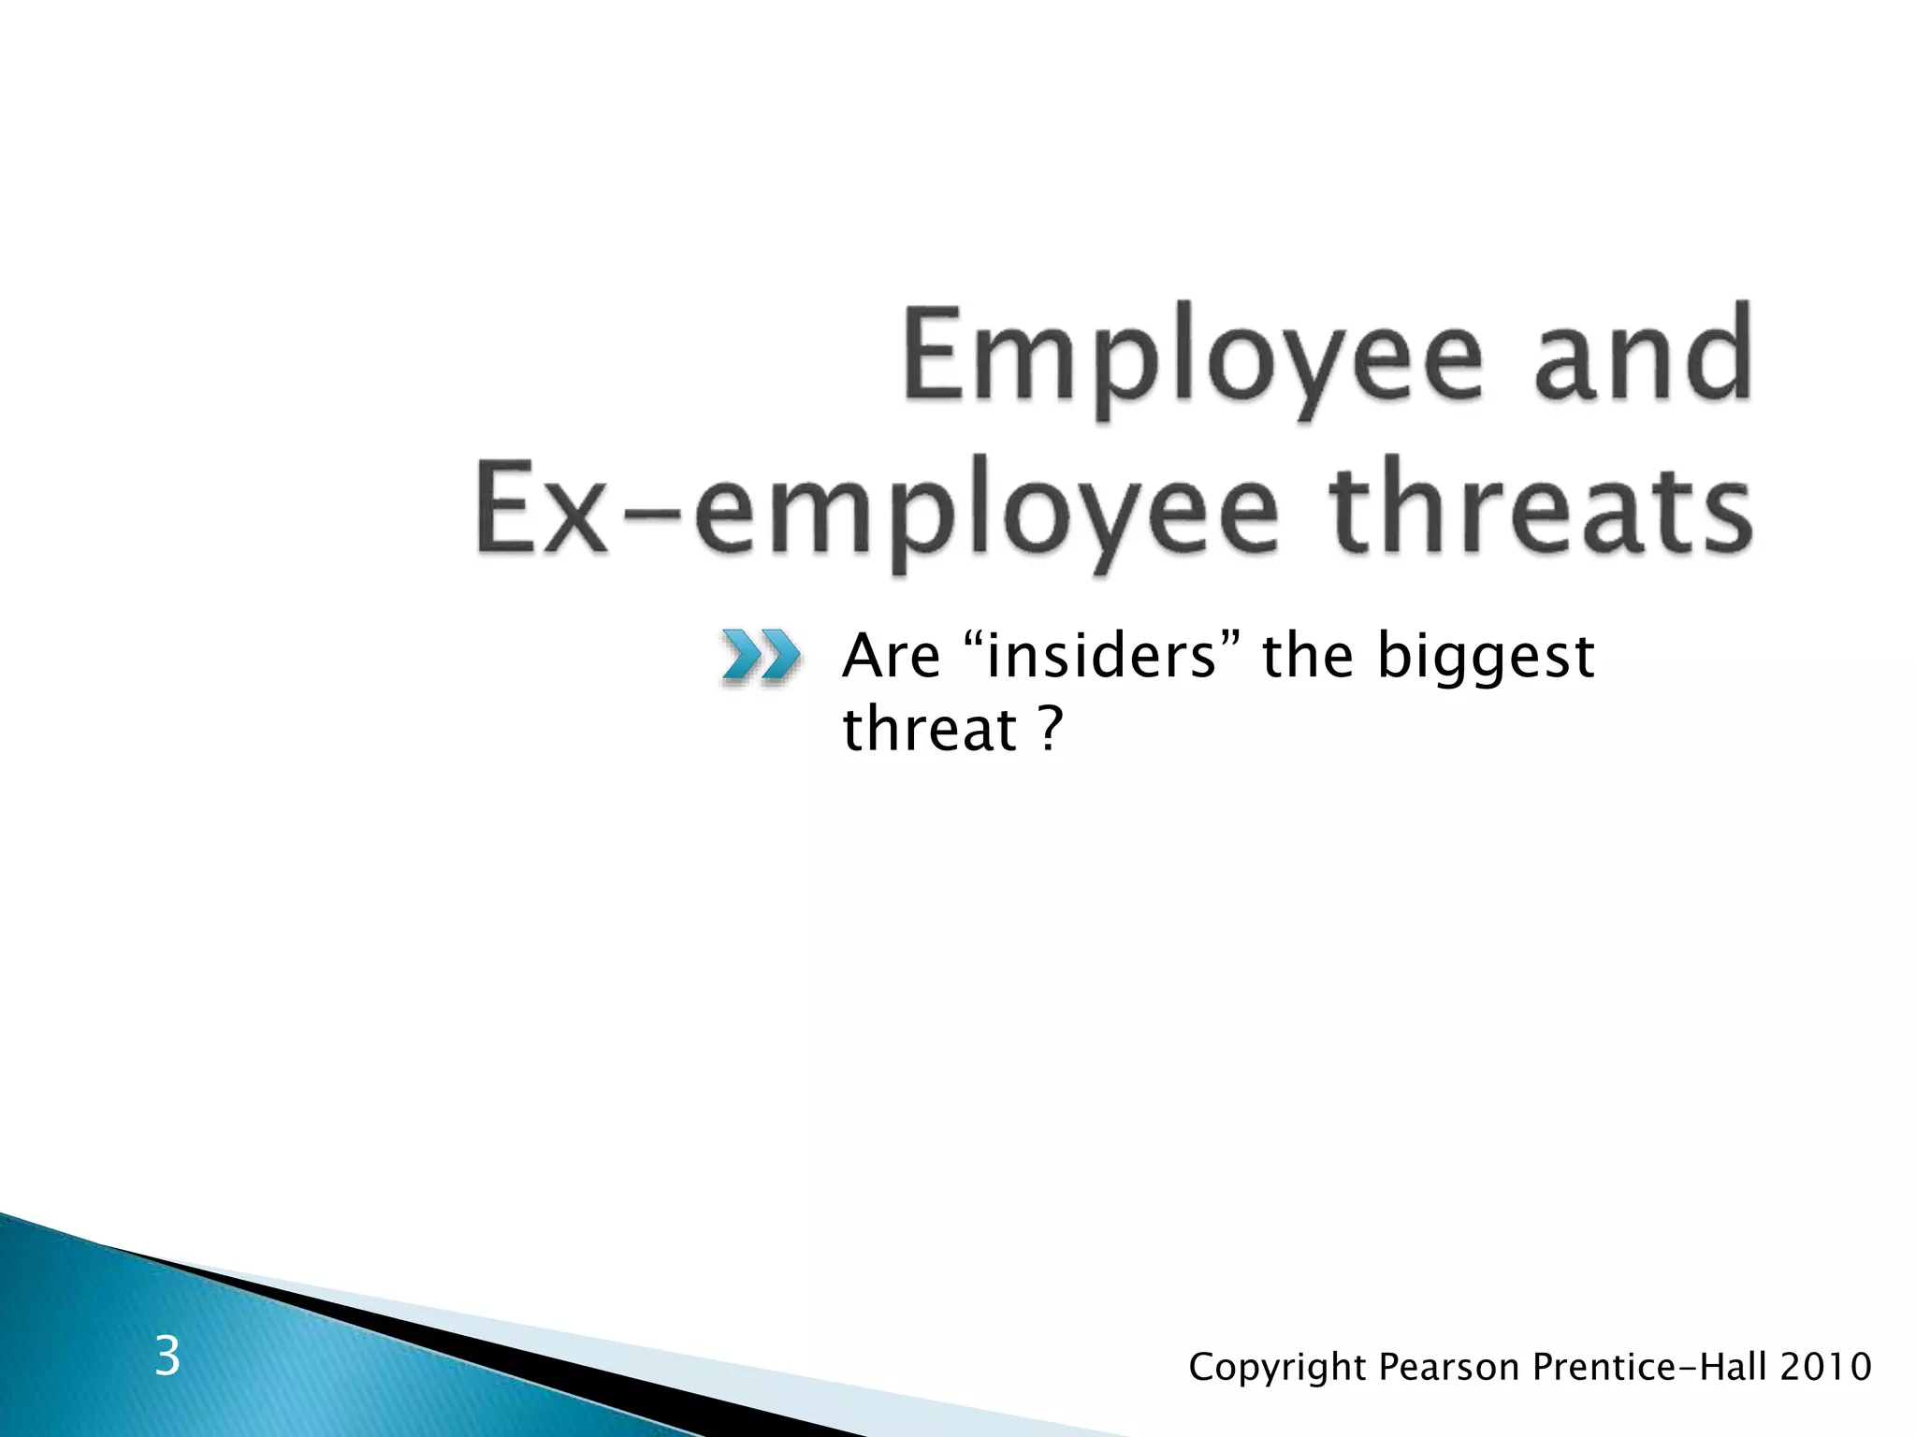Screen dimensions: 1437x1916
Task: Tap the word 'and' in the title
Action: pos(1643,356)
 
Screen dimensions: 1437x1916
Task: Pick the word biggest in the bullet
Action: pos(1486,658)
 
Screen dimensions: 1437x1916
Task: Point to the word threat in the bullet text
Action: pos(929,730)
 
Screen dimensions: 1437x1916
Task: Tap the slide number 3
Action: pos(167,1357)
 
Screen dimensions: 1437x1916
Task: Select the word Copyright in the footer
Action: pos(1277,1368)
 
